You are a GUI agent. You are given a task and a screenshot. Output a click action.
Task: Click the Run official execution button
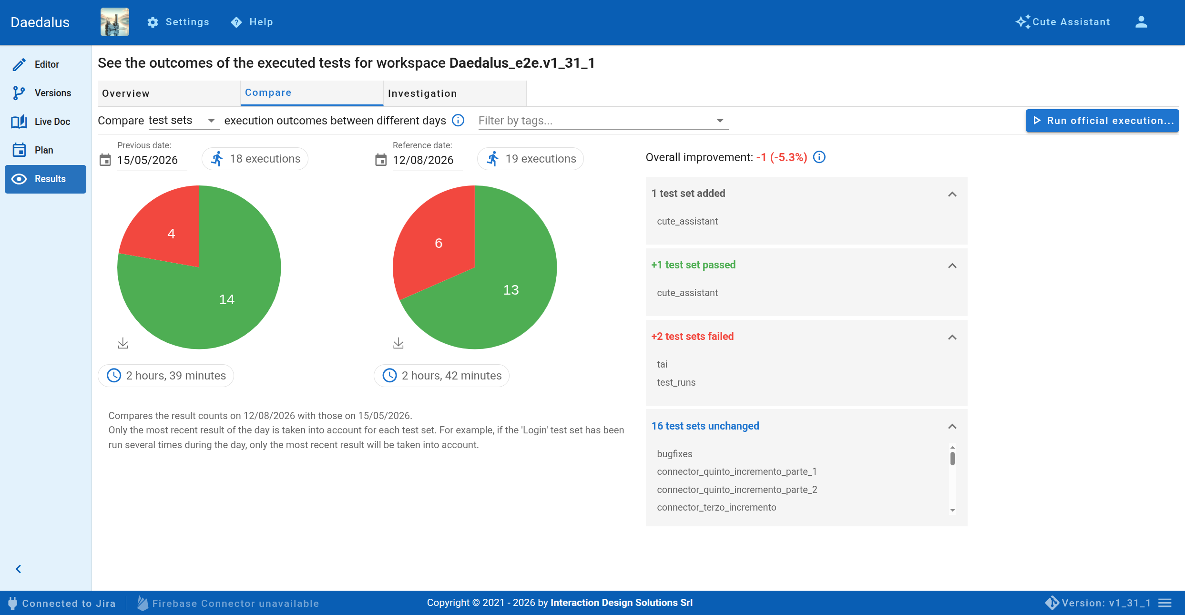[1102, 121]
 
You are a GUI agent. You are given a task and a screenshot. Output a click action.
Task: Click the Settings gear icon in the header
[153, 22]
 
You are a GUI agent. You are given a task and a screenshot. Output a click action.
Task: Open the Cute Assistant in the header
[1062, 22]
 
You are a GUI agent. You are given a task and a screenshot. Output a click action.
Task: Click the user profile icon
[1141, 22]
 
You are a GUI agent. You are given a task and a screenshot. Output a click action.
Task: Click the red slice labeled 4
[167, 229]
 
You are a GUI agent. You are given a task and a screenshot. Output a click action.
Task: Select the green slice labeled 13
[505, 291]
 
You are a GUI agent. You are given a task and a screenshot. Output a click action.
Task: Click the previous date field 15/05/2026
[147, 160]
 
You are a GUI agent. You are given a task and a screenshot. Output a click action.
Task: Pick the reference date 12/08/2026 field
[423, 160]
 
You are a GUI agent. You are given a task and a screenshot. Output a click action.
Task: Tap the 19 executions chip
[531, 159]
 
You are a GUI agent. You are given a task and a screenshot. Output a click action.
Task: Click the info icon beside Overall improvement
[819, 157]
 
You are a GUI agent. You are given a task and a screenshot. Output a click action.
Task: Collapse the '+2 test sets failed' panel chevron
[952, 337]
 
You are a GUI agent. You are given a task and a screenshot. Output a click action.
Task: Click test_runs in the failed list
[676, 382]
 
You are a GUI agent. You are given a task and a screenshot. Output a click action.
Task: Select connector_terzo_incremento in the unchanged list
[716, 507]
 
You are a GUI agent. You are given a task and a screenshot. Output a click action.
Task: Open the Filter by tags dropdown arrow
[720, 121]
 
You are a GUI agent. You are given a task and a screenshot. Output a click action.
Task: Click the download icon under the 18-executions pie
[123, 343]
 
